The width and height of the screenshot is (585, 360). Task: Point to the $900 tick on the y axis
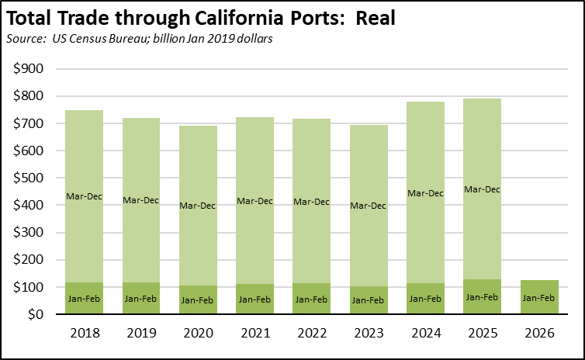[x=28, y=69]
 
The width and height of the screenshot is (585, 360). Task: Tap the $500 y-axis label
[x=28, y=178]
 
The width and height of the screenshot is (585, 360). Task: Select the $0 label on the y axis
[x=36, y=314]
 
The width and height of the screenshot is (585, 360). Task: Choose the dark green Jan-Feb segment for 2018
[x=84, y=299]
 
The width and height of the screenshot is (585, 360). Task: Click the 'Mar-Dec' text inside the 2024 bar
[x=425, y=192]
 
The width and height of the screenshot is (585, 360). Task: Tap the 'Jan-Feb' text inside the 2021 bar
[x=254, y=299]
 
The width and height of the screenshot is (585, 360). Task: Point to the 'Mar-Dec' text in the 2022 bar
[x=312, y=201]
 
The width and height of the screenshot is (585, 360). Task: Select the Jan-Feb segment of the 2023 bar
[x=369, y=301]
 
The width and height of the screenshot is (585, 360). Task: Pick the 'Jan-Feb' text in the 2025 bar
[x=483, y=296]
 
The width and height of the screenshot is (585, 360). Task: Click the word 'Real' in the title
[x=376, y=19]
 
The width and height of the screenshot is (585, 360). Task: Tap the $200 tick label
[x=28, y=260]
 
